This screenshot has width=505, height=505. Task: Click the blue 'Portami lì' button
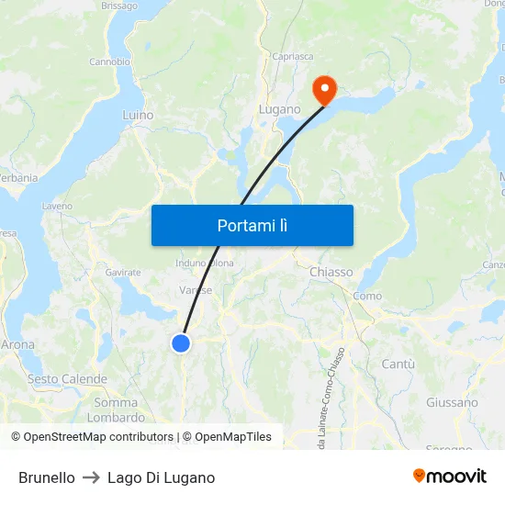coord(252,225)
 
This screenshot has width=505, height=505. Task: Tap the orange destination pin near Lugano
coord(324,89)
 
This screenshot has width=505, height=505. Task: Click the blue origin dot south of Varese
coord(181,343)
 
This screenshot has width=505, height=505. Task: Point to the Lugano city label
coord(279,109)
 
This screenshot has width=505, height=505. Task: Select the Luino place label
coord(138,116)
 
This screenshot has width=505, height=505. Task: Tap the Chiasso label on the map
coord(331,272)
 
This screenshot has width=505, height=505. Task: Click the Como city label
coord(367,296)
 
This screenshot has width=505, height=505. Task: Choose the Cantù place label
coord(398,365)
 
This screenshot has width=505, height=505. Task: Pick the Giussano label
coord(452,402)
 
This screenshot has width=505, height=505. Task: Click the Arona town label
coord(17,345)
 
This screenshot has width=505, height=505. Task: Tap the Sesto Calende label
coord(67,379)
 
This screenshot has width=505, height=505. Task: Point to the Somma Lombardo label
coord(116,410)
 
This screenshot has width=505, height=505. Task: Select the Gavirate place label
coord(123,273)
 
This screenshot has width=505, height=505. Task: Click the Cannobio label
coord(109,62)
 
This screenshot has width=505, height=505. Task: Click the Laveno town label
coord(57,206)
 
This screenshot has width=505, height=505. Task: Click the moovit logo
coord(450,477)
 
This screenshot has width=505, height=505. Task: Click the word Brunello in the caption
coord(47,477)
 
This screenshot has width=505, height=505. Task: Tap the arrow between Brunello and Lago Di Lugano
coord(91,477)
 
